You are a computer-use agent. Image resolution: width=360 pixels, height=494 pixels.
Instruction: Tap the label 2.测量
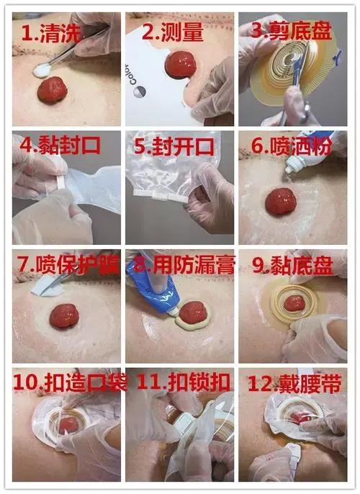(x=173, y=32)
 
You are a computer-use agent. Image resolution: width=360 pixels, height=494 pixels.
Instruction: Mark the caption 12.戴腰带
(x=295, y=381)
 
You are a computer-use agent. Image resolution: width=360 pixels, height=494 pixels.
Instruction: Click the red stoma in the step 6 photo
(x=281, y=201)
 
